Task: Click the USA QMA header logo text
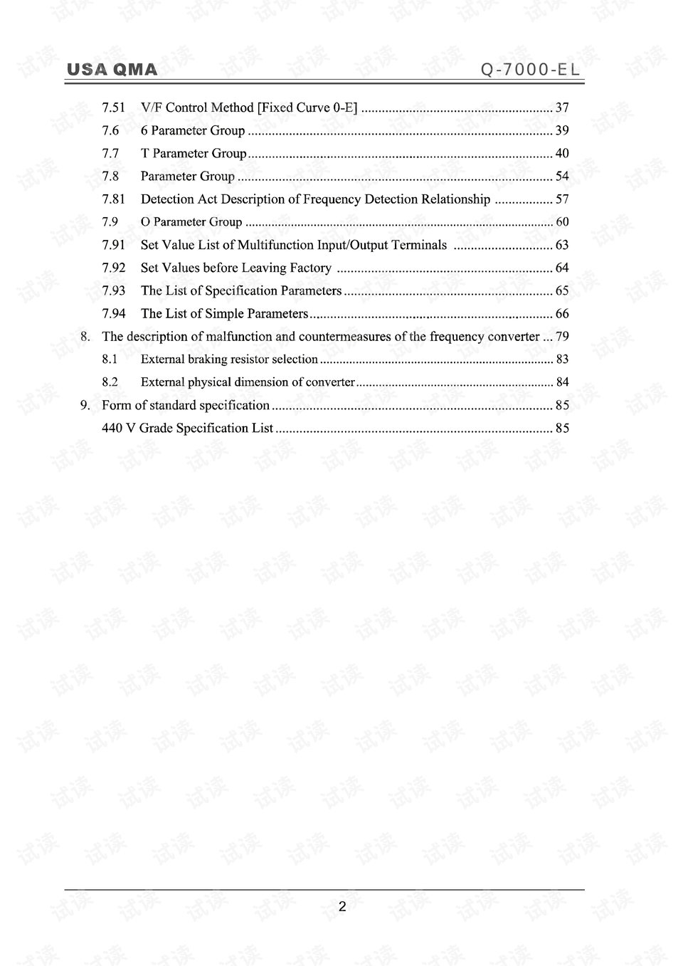[112, 69]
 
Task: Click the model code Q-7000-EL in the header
[531, 69]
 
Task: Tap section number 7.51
[113, 107]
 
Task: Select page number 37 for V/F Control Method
[562, 107]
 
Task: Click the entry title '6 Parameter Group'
[193, 130]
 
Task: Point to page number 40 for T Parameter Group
[562, 153]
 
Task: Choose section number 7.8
[110, 176]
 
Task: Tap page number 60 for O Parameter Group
[562, 222]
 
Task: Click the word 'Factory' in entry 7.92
[310, 268]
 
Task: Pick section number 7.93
[113, 290]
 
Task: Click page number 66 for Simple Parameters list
[562, 314]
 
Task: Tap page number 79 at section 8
[562, 337]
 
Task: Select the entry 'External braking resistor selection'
[229, 359]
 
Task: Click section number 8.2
[110, 382]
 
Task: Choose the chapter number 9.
[85, 405]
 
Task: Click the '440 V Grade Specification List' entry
[188, 428]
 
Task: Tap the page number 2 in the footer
[342, 907]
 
